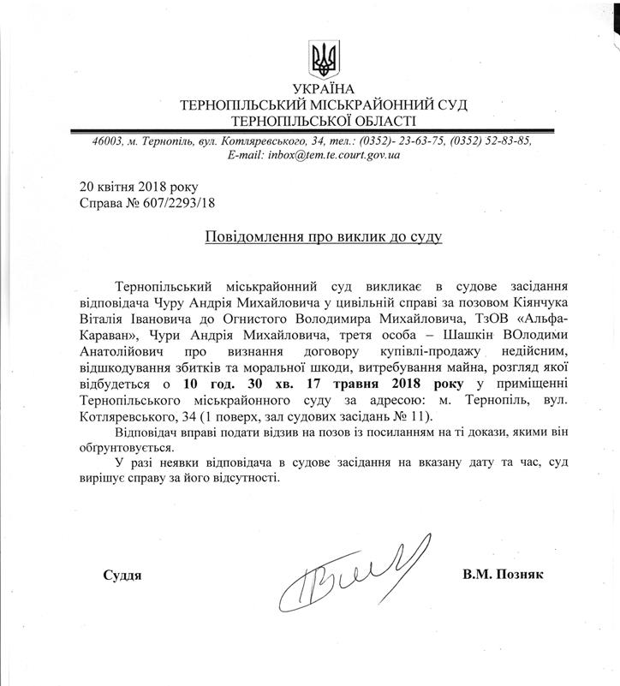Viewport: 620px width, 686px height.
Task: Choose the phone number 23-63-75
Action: point(403,141)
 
